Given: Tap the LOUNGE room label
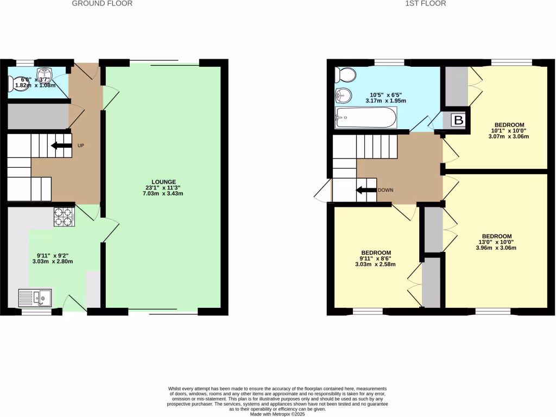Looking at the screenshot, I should (163, 181).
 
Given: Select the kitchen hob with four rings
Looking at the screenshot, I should (64, 217).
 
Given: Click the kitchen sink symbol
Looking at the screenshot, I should (35, 298).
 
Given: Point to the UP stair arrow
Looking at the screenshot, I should (61, 146).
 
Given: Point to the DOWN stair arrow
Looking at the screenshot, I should (367, 190).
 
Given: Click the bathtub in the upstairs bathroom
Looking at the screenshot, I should (366, 117).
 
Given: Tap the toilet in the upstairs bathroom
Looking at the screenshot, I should (345, 73).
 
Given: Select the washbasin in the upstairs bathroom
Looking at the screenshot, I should (344, 96).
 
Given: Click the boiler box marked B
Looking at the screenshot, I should (458, 121).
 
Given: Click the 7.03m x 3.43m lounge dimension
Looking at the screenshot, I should (163, 194).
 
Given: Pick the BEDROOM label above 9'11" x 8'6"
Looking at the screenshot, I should (377, 252).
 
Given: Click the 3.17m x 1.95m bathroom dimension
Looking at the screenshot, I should (386, 101).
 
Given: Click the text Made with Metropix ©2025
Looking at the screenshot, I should (277, 414).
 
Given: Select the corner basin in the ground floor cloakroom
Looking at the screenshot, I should (44, 73).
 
